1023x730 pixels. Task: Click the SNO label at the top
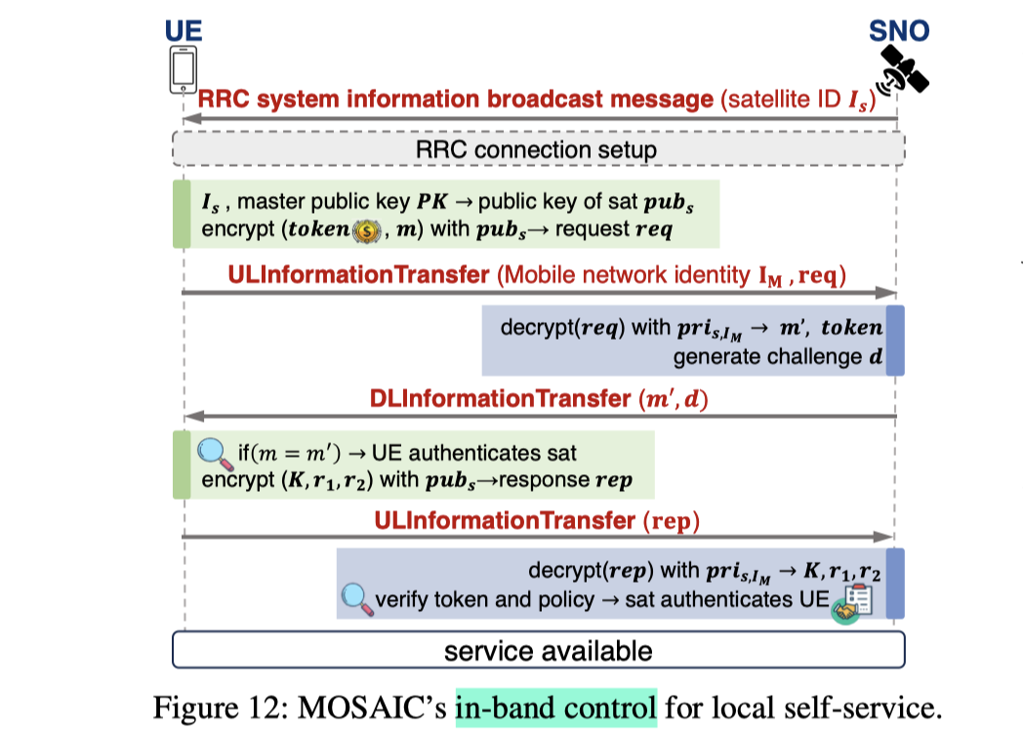[899, 31]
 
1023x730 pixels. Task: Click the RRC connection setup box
[538, 150]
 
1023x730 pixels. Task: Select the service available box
[538, 650]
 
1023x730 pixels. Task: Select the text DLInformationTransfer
[499, 398]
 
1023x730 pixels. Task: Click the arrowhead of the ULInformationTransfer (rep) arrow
[887, 536]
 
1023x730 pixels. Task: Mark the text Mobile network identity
[625, 274]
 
